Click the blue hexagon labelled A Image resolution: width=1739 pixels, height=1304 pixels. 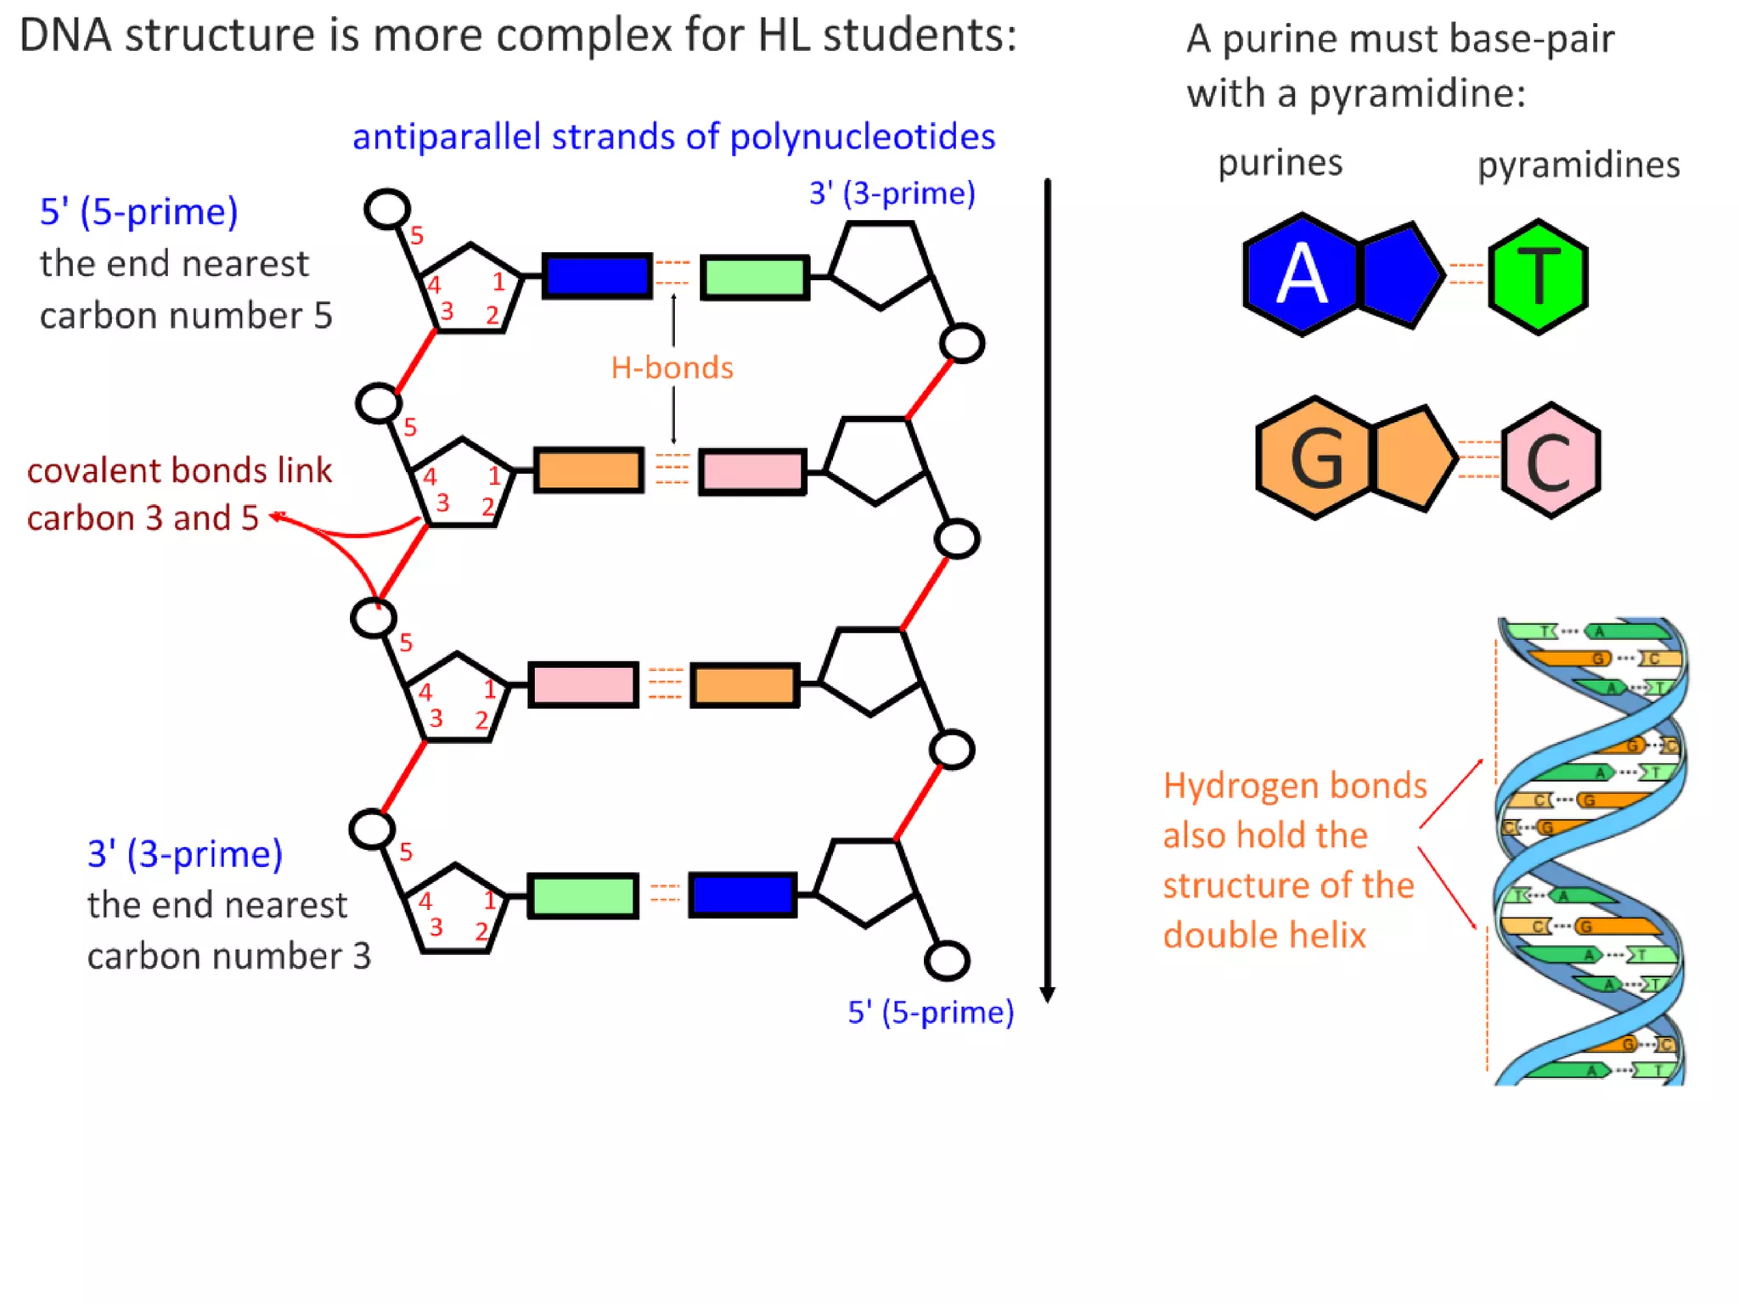(1301, 274)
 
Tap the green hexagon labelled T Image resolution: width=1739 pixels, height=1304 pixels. (1538, 277)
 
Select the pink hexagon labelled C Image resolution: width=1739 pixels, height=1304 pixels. (1550, 460)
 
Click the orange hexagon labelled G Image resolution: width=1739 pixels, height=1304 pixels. (1314, 458)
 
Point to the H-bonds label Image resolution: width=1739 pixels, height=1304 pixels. (672, 368)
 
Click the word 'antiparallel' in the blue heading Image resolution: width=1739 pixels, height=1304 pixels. (446, 137)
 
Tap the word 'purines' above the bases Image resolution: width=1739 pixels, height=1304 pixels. (1280, 162)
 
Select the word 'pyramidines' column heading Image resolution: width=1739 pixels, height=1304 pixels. (1578, 165)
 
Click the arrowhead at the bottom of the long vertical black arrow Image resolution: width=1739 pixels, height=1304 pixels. (1047, 994)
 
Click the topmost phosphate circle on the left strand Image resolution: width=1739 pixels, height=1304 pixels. (387, 209)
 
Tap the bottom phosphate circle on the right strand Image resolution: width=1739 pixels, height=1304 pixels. (947, 960)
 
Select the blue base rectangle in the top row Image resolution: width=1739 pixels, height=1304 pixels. (598, 275)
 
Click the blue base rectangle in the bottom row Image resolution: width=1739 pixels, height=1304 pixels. (742, 895)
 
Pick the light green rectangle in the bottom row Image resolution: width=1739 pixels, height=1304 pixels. (582, 896)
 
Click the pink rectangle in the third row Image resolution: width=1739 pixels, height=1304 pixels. (582, 684)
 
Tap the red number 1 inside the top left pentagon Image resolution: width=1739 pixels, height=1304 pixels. (498, 281)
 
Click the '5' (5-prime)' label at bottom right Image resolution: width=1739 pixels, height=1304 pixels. (931, 1012)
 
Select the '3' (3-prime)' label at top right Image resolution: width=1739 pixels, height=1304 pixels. (892, 194)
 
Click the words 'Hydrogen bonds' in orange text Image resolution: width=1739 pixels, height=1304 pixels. (1294, 785)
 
